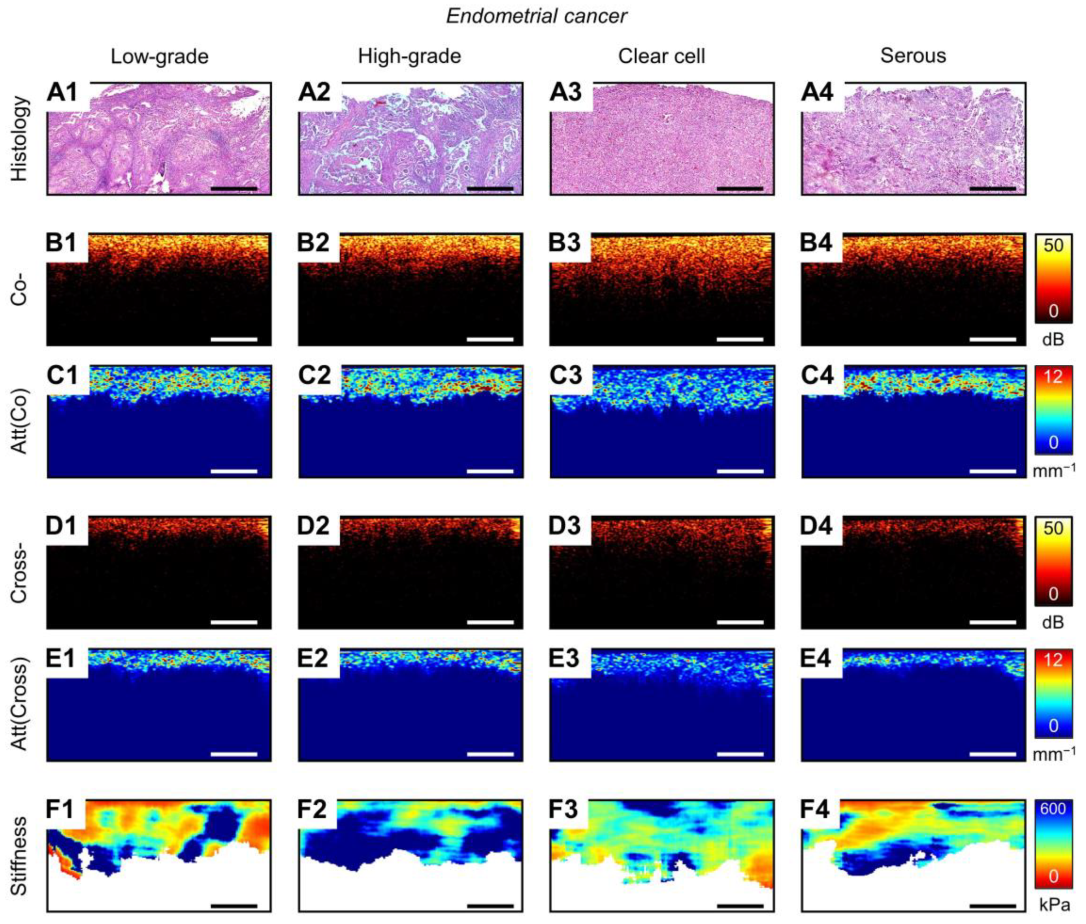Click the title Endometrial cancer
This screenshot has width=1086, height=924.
point(536,16)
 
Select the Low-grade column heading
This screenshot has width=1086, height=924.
point(159,56)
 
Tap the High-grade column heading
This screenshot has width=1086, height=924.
point(409,56)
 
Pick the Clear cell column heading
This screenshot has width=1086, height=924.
point(661,56)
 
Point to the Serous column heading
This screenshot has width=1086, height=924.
point(913,56)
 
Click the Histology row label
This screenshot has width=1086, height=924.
point(19,139)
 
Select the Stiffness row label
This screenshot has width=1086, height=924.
point(19,856)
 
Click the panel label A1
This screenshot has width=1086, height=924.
point(62,93)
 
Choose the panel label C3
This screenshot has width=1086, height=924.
point(566,376)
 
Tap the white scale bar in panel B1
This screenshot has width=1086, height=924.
point(234,339)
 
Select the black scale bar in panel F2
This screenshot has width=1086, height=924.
point(490,905)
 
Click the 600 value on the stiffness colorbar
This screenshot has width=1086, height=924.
point(1052,809)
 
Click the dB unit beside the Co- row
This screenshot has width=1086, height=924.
point(1053,339)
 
